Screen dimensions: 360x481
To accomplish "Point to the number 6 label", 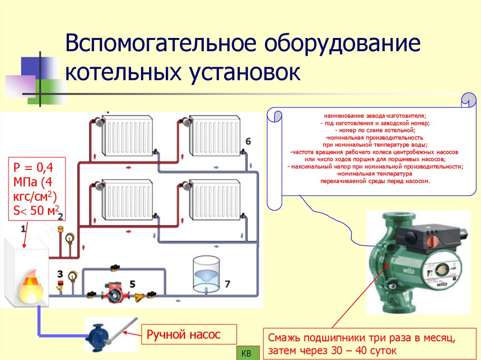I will coord(248,141).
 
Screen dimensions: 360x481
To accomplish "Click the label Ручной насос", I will coord(184,334).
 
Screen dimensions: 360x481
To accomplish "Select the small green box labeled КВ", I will coord(246,353).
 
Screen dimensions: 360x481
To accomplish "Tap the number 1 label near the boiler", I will coord(23,228).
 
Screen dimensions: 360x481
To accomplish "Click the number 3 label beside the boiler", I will coord(60,273).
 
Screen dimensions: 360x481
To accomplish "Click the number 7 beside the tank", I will coord(227,283).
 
